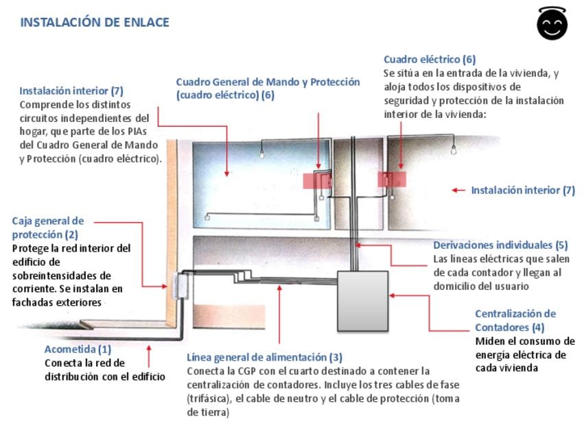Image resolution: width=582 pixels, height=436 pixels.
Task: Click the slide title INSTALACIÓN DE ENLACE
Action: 94,22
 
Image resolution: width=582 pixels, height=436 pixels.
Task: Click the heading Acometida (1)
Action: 78,350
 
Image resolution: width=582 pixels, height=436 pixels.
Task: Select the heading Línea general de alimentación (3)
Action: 264,357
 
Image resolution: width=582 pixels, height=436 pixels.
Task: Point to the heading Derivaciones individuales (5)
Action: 500,245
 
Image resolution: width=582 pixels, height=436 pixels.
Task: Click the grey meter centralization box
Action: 362,301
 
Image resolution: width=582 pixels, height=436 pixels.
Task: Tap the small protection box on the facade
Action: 181,286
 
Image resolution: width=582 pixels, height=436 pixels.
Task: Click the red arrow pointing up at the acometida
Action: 149,354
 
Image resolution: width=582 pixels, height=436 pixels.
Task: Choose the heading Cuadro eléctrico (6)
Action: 429,60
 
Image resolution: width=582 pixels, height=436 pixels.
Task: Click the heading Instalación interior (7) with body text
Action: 71,90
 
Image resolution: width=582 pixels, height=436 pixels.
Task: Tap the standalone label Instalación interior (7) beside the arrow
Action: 522,191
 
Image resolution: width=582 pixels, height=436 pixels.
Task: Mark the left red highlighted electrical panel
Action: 316,180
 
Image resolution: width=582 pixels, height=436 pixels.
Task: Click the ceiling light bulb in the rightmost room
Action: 453,150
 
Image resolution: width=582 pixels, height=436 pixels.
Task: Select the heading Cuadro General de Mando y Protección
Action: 268,82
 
